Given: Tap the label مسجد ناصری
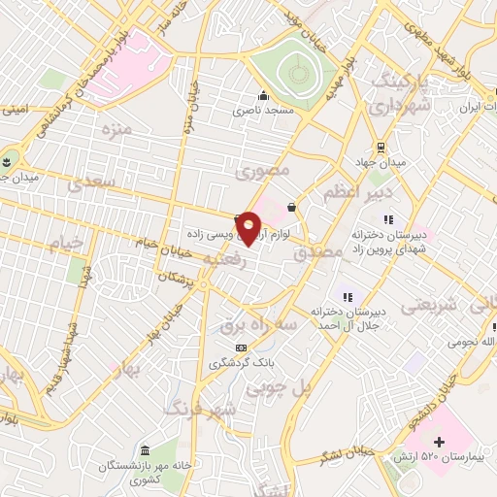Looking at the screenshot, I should [261, 111].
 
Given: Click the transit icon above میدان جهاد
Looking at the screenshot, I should [382, 147].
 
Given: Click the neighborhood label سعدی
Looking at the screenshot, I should [98, 181].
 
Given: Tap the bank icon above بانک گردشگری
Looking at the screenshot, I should [241, 348].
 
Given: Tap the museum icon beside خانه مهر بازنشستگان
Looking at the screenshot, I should [145, 452].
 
